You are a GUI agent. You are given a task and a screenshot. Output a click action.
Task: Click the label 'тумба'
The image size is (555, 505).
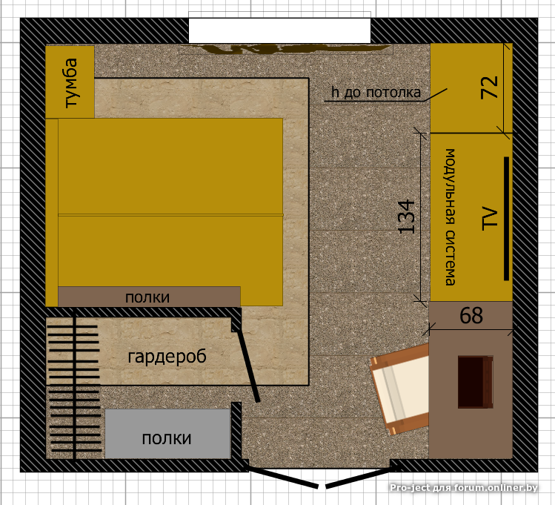(71, 82)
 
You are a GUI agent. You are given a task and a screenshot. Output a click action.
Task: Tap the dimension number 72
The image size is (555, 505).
(490, 88)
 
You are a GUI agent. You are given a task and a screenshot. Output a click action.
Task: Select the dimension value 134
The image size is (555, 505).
(406, 217)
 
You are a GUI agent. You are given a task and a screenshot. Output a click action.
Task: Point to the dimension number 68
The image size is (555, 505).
(471, 315)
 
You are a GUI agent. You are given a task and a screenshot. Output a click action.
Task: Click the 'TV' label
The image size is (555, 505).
(490, 218)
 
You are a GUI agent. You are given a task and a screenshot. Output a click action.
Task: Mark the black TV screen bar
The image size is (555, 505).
(506, 219)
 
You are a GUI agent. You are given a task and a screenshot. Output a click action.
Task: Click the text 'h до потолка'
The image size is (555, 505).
(376, 93)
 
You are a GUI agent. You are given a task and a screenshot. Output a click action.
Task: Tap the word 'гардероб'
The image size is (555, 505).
(167, 357)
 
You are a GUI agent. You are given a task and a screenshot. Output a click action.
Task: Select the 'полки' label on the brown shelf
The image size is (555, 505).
(147, 297)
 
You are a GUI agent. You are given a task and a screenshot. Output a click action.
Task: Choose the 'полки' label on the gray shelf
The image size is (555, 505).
(167, 438)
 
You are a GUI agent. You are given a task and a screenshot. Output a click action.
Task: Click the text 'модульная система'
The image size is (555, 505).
(450, 217)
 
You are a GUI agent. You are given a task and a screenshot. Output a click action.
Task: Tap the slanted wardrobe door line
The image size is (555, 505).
(248, 365)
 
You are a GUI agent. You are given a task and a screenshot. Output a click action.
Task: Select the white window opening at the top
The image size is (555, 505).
(279, 30)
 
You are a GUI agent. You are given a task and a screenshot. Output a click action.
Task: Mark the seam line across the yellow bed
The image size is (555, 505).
(170, 214)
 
